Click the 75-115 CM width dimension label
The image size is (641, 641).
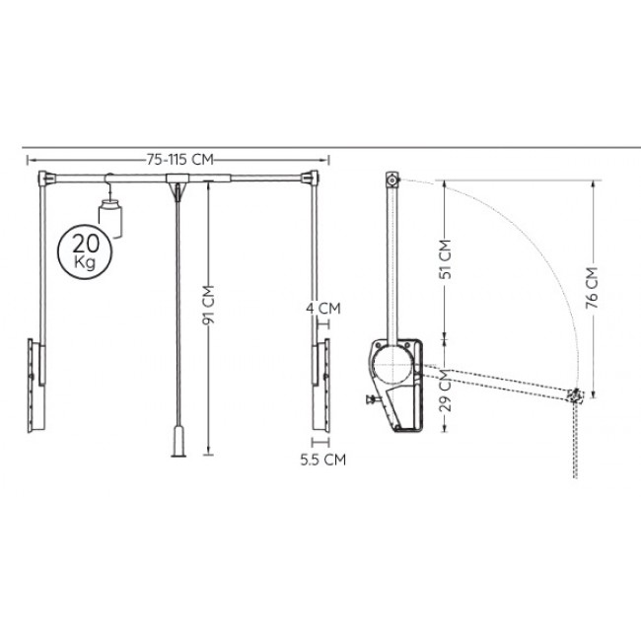point(179,160)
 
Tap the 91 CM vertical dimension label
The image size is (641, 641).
point(208,305)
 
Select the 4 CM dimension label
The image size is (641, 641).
point(323,309)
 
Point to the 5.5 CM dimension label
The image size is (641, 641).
point(322,460)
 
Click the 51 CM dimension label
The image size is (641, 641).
point(445,259)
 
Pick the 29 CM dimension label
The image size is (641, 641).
point(445,390)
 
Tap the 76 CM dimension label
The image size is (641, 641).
point(592,288)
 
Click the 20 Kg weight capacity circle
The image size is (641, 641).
point(85,252)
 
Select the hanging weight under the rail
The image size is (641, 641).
point(110,218)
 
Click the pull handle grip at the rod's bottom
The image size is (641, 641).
point(178,442)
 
